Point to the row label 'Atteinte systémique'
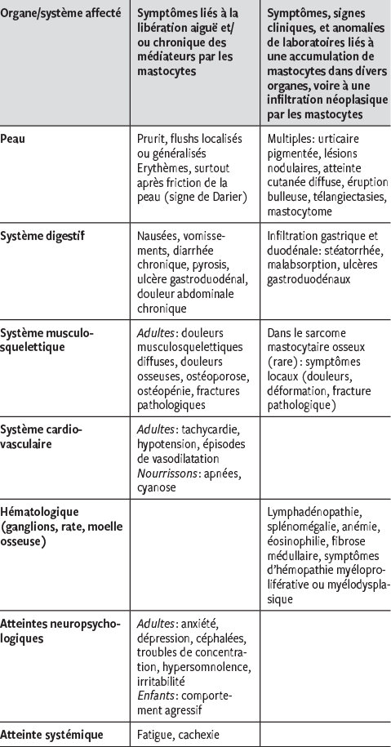coord(52,735)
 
